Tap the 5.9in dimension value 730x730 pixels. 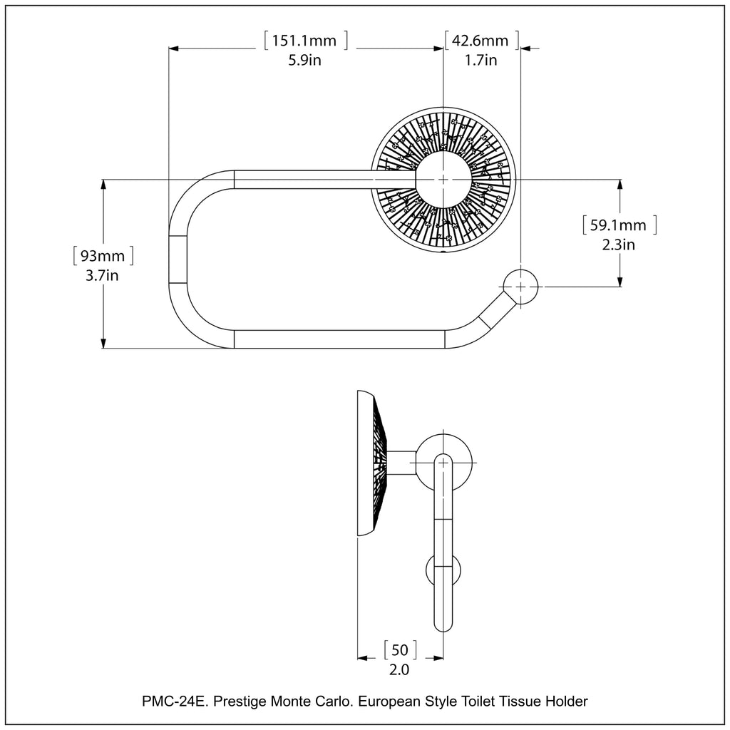point(304,61)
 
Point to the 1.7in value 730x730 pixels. point(480,61)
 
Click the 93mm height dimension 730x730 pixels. point(103,255)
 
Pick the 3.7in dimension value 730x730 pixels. point(102,275)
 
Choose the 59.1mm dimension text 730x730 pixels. point(618,226)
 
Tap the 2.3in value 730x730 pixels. point(618,245)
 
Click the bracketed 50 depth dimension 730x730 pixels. point(400,649)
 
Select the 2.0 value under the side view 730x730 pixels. point(399,669)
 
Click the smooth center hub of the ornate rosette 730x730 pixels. point(443,179)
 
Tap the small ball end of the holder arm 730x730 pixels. point(520,287)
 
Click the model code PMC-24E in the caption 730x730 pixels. point(173,701)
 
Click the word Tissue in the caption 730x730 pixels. point(521,701)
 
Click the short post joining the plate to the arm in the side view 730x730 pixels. point(401,462)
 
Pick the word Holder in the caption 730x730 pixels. point(567,701)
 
